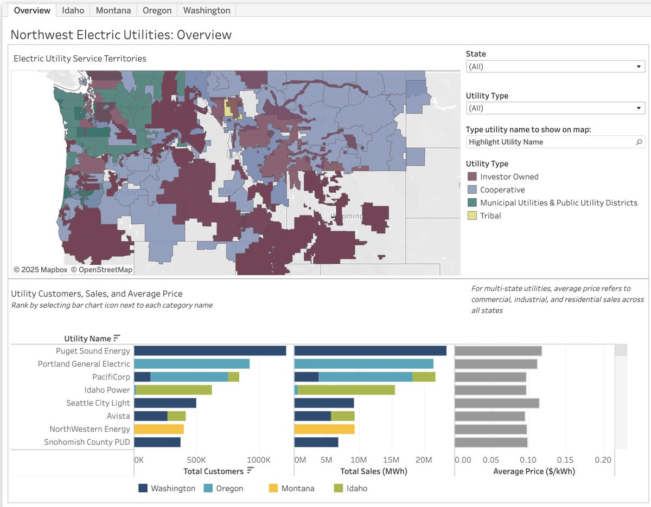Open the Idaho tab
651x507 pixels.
tap(73, 10)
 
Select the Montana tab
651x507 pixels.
tap(113, 10)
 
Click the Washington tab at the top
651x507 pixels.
tap(206, 10)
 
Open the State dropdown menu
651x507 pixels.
tap(556, 67)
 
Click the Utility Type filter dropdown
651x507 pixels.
tap(556, 108)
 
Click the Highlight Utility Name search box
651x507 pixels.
tap(551, 142)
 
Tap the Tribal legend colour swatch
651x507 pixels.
tap(472, 216)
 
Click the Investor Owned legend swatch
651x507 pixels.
tap(472, 177)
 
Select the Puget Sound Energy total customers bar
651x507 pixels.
tap(210, 351)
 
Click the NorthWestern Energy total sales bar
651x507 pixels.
tap(324, 429)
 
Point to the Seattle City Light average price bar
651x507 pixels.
tap(496, 403)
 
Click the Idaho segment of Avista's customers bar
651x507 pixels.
tap(176, 416)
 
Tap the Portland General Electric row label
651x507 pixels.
tap(84, 364)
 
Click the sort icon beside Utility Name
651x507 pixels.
tap(117, 339)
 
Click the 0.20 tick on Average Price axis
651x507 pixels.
tap(602, 460)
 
